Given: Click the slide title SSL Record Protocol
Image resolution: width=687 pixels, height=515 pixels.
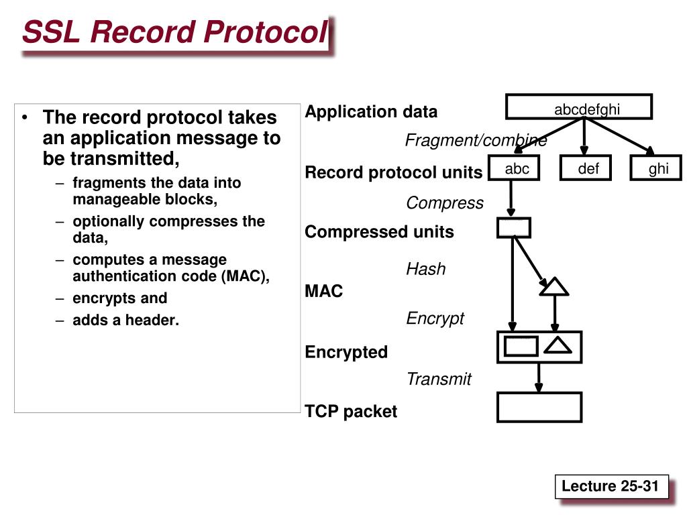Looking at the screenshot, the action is click(175, 32).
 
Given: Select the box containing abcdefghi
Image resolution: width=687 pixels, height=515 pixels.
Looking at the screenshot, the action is click(579, 107).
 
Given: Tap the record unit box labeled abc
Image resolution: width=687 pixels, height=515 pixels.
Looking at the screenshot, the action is click(513, 168).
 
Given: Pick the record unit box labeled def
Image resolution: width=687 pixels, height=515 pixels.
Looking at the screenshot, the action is click(585, 168).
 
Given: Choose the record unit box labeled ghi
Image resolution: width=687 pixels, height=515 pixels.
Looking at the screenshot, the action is click(656, 168).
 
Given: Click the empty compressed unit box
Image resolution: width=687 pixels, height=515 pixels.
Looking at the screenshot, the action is click(514, 228).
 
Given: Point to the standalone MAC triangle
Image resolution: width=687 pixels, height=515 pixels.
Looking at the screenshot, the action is click(554, 287).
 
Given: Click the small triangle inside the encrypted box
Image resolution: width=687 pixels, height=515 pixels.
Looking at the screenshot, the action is click(558, 345).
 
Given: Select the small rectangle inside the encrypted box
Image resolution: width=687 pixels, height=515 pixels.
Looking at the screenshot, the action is click(521, 346).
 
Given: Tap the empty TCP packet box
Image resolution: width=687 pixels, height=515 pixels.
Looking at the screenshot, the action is click(539, 407).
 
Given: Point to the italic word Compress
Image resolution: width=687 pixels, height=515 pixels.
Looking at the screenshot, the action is click(445, 203).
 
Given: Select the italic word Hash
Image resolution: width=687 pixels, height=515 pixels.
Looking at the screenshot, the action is click(426, 269).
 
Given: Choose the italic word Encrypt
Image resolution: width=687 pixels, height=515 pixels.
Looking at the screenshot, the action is click(435, 319).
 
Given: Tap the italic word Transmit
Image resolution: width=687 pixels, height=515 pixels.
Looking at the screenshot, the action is click(439, 379).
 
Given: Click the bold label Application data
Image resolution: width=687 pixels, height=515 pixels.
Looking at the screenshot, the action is click(371, 112).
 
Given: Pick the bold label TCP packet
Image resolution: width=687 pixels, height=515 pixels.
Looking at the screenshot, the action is click(351, 412).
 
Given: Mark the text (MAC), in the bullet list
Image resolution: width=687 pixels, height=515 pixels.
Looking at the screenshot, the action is click(246, 276).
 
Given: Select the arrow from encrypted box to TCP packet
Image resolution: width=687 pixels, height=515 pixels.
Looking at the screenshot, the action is click(539, 378).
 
